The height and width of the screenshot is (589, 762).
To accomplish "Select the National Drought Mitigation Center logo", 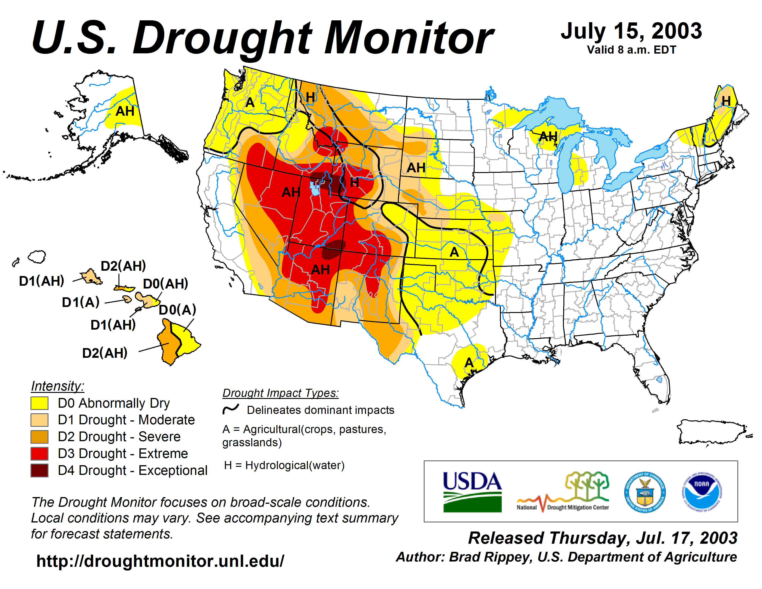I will pyautogui.click(x=563, y=492).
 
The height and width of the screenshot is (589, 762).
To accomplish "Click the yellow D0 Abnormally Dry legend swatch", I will pyautogui.click(x=39, y=403).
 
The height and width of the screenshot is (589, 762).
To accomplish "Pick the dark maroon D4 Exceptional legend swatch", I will pyautogui.click(x=39, y=470).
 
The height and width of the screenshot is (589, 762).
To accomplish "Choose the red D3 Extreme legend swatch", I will pyautogui.click(x=39, y=454).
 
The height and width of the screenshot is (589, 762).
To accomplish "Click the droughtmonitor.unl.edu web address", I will pyautogui.click(x=160, y=561).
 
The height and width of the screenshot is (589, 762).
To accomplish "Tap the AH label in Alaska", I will pyautogui.click(x=125, y=111).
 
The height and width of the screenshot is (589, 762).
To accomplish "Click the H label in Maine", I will pyautogui.click(x=726, y=101).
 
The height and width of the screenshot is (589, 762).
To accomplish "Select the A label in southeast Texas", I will pyautogui.click(x=469, y=363).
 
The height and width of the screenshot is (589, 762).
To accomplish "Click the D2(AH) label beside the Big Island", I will pyautogui.click(x=105, y=353).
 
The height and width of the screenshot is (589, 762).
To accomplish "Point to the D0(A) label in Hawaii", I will pyautogui.click(x=178, y=310).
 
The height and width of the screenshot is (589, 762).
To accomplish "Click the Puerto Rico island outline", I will pyautogui.click(x=712, y=432).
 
